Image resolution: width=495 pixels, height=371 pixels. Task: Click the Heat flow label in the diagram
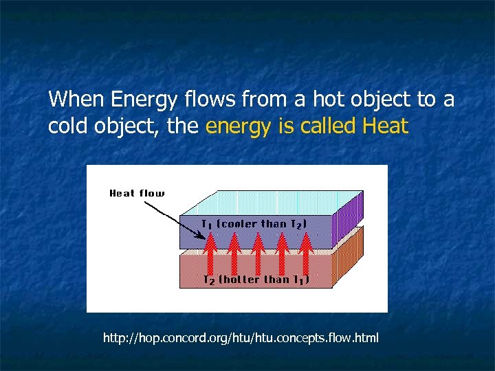click(137, 193)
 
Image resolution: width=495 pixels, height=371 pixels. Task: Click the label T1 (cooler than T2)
click(254, 223)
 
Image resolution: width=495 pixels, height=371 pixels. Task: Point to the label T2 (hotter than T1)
click(256, 280)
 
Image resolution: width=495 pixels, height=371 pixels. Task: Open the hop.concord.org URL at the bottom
click(241, 338)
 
